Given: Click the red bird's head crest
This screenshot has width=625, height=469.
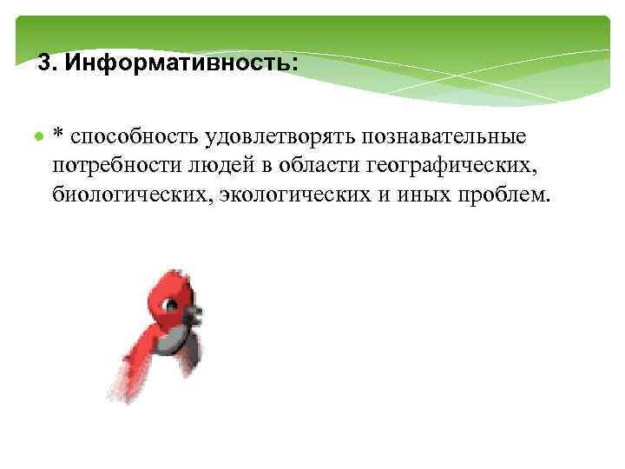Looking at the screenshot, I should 169,278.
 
